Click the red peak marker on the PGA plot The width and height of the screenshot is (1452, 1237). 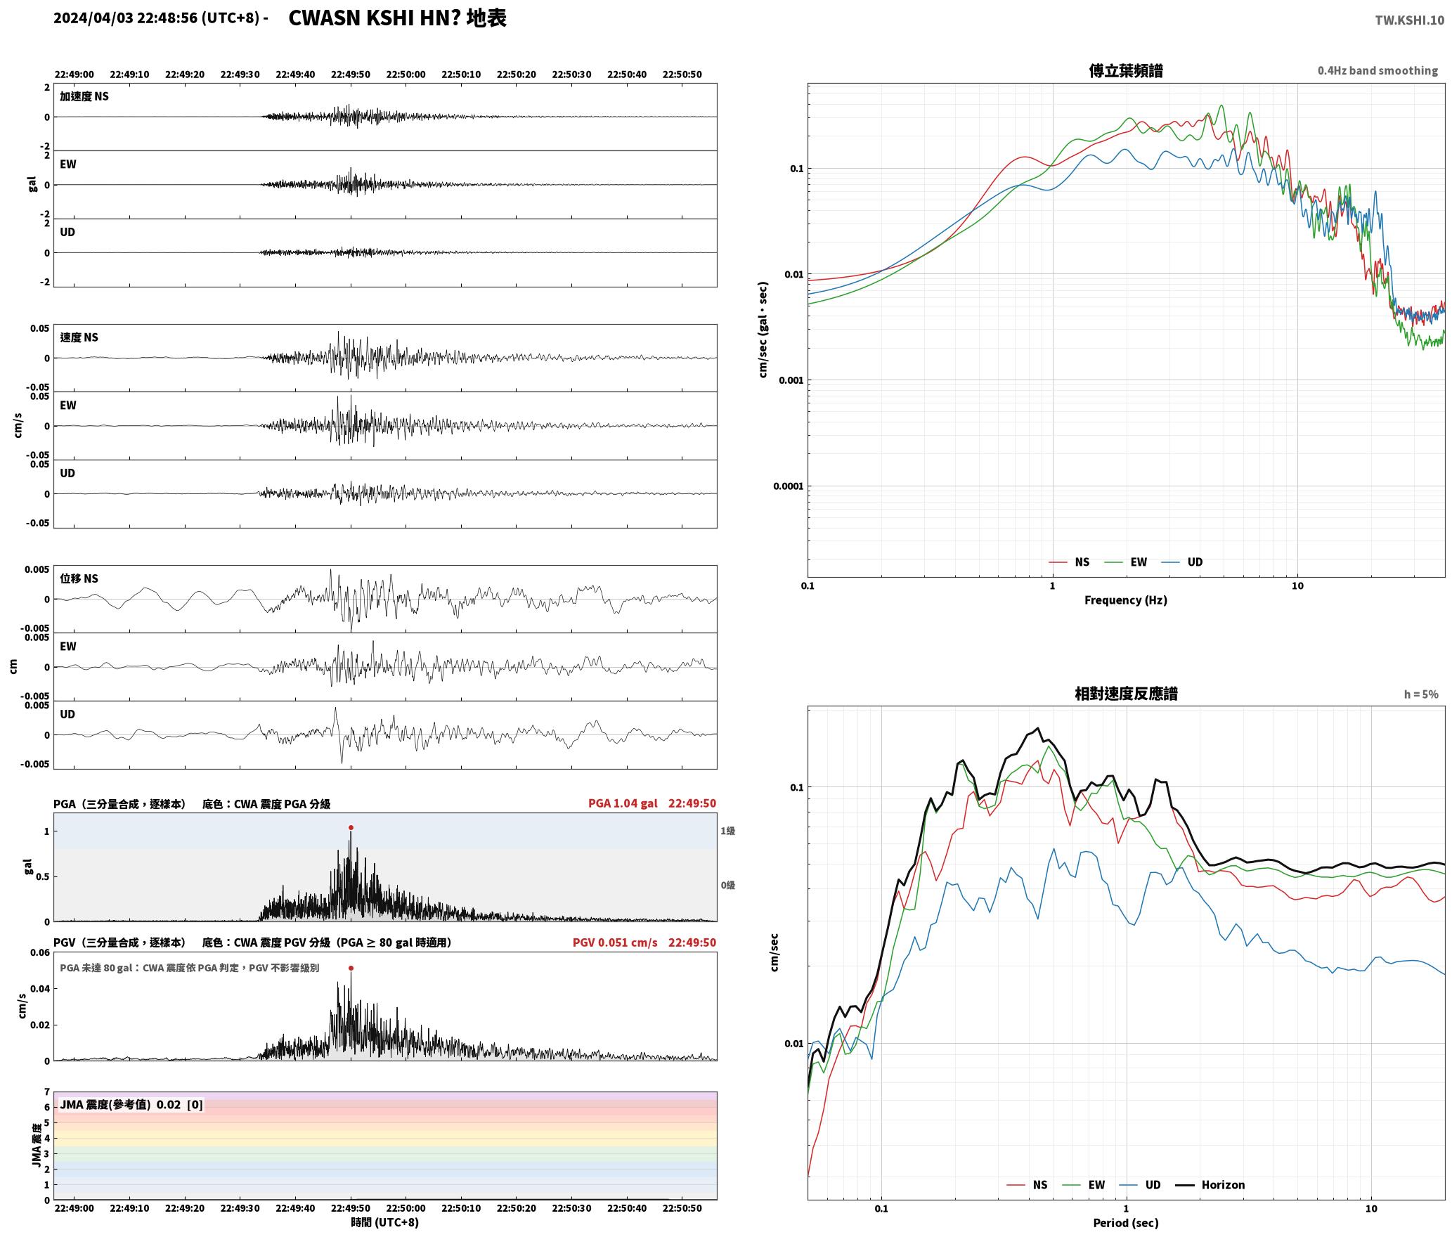coord(351,827)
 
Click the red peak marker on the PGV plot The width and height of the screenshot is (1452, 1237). coord(351,968)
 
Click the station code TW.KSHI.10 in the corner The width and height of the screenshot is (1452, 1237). coord(1410,20)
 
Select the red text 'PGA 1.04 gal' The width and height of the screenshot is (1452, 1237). coord(623,803)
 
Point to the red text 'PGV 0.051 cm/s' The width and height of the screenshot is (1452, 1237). coord(615,943)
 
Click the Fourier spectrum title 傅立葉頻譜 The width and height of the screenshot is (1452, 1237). coord(1125,71)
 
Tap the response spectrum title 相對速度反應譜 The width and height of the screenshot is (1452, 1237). coord(1126,694)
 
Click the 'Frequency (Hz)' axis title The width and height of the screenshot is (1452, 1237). coord(1125,600)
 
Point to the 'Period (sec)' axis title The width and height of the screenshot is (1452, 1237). coord(1125,1223)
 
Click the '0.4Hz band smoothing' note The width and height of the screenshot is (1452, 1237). coord(1378,71)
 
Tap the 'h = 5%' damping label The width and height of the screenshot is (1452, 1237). coord(1421,694)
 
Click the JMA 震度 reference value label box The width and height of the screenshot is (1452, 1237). coord(131,1104)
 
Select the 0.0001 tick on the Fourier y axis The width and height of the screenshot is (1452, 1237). coord(788,486)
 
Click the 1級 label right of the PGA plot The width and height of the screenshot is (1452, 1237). coord(727,831)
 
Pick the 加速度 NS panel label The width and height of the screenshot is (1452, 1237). coord(84,96)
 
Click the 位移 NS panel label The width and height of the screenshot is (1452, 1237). coord(79,578)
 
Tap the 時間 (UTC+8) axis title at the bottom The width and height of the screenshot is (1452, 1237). coord(384,1222)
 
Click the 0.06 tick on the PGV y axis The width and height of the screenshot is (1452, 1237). coord(40,953)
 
